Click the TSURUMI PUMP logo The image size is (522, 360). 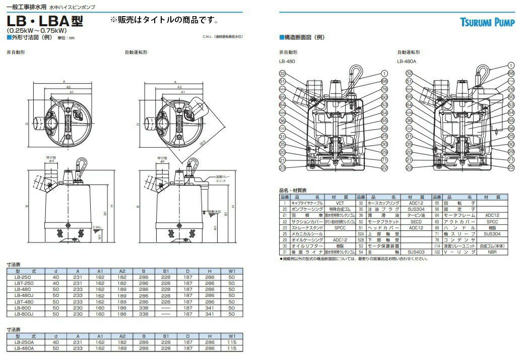click(x=487, y=22)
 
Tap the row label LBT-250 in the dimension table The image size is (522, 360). click(x=24, y=283)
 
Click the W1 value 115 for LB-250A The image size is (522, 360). click(x=231, y=342)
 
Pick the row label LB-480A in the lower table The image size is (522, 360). click(x=24, y=348)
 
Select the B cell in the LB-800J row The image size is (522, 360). click(x=143, y=313)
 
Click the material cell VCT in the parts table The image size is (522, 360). click(x=340, y=202)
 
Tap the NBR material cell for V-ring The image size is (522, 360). click(x=492, y=252)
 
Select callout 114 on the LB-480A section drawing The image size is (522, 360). click(x=511, y=81)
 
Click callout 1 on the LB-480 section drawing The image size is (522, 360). click(x=384, y=73)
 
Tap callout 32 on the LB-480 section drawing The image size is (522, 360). click(x=282, y=74)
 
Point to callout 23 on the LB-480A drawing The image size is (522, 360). click(x=409, y=167)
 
